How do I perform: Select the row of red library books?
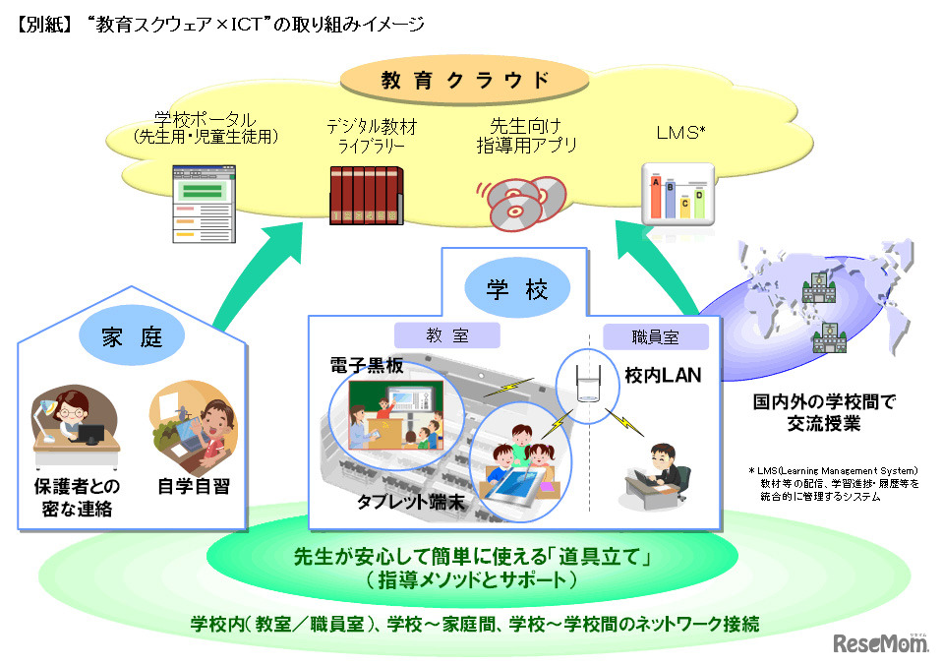click(365, 194)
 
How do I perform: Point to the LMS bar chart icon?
click(677, 195)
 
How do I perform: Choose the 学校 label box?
click(514, 289)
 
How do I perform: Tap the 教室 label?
click(447, 335)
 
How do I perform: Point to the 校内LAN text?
click(661, 375)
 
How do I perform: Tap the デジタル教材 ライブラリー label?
click(366, 137)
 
